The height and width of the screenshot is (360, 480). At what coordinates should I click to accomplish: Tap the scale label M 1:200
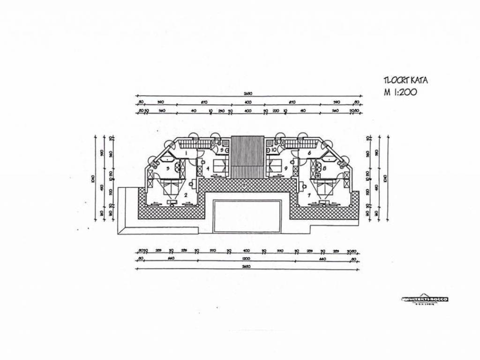click(400, 92)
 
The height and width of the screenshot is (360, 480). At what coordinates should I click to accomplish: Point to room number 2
click(186, 195)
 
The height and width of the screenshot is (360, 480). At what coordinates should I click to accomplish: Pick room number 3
click(167, 168)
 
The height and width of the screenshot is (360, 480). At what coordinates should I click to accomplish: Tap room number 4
click(208, 167)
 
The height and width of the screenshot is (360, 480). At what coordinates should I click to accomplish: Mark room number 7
click(308, 194)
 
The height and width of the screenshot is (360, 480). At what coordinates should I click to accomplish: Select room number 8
click(324, 167)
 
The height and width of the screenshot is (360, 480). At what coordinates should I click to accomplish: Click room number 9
click(285, 167)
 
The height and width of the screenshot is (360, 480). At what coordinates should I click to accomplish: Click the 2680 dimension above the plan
click(248, 94)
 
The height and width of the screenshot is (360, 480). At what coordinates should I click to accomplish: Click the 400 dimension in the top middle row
click(248, 102)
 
